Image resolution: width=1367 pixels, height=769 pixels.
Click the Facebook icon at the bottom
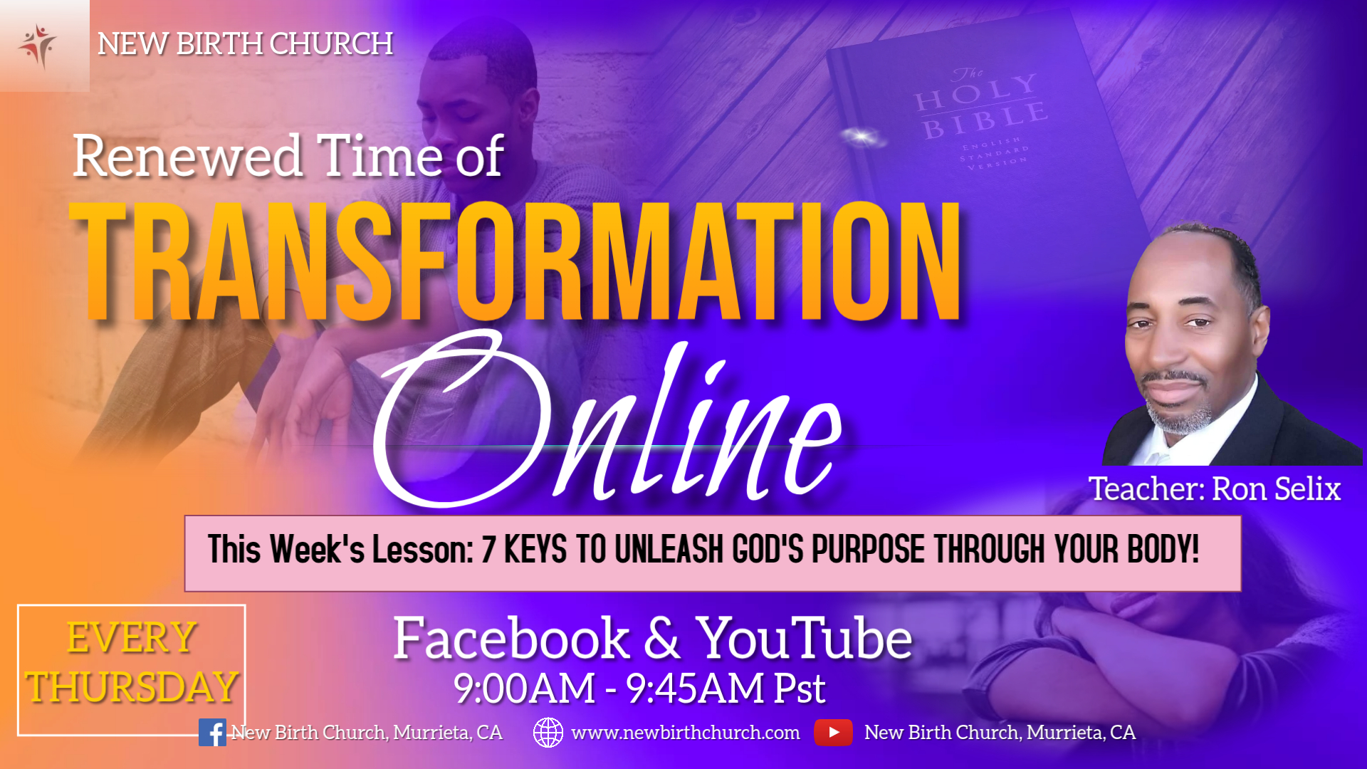(x=212, y=733)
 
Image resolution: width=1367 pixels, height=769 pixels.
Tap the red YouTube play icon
(x=833, y=733)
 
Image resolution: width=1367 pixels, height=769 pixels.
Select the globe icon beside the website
(x=548, y=733)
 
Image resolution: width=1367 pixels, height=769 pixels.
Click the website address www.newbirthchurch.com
(x=685, y=733)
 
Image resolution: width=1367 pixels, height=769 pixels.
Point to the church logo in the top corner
(x=38, y=46)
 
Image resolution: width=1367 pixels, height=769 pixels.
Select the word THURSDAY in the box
(x=132, y=687)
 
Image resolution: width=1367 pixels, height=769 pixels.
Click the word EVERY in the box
(x=132, y=637)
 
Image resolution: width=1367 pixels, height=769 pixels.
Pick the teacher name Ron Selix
(x=1277, y=489)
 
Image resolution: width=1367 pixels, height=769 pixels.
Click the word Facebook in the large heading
(x=511, y=638)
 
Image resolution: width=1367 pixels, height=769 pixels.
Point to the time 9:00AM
(x=525, y=689)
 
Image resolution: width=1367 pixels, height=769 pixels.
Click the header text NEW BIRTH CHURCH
(x=245, y=44)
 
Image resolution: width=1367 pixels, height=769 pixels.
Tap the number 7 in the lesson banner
(x=488, y=550)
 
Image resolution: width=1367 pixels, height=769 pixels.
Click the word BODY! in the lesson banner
(x=1163, y=550)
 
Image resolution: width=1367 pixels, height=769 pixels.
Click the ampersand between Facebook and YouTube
(x=663, y=638)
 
